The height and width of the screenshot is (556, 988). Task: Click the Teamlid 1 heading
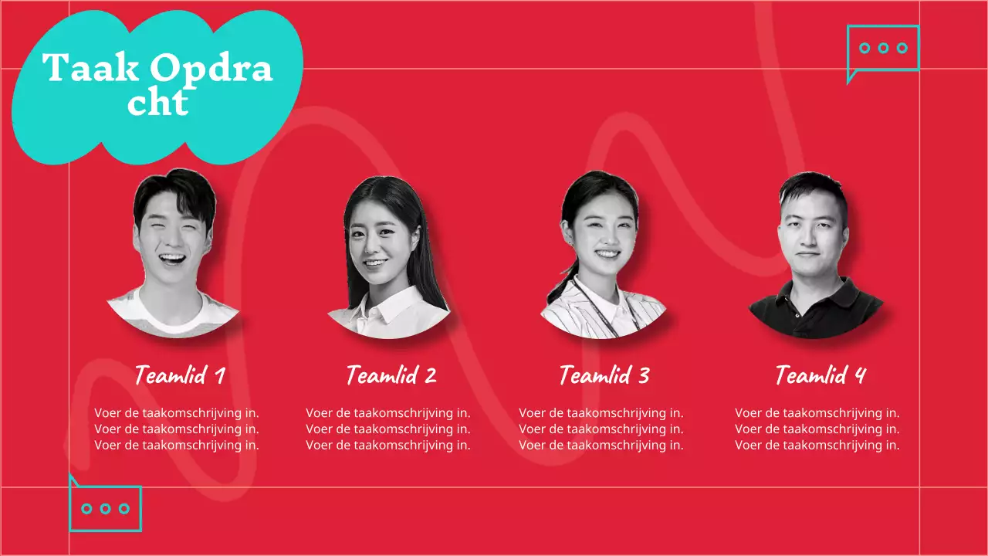pos(180,376)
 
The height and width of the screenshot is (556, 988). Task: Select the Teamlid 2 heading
pos(391,376)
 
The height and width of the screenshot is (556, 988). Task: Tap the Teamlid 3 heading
pos(604,376)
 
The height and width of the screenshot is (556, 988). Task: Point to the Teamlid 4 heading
pos(821,376)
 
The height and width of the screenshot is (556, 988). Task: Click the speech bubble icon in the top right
pos(883,49)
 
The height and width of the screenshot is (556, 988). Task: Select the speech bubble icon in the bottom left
pos(106,507)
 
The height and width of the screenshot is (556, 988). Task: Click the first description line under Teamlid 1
pos(177,413)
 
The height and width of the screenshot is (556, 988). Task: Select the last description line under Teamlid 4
pos(817,445)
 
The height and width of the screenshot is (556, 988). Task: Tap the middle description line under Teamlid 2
pos(388,429)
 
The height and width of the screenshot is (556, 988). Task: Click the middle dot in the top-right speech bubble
pos(883,48)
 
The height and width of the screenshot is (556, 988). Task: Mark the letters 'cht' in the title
pos(157,103)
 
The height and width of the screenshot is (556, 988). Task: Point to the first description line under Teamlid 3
pos(601,413)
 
